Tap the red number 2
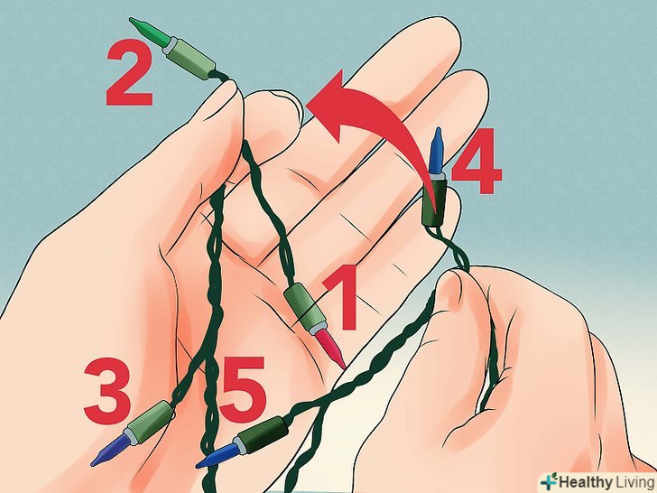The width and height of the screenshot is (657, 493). pyautogui.click(x=129, y=72)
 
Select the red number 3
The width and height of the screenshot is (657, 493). pyautogui.click(x=107, y=390)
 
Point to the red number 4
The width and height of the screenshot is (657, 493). pyautogui.click(x=477, y=161)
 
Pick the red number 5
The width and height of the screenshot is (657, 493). pyautogui.click(x=242, y=389)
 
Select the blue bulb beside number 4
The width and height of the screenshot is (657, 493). pyautogui.click(x=436, y=151)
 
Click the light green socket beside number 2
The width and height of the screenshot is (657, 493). pyautogui.click(x=190, y=58)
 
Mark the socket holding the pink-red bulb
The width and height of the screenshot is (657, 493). pyautogui.click(x=303, y=309)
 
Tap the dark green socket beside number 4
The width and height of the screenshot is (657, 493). pyautogui.click(x=435, y=201)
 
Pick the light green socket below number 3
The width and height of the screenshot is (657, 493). pyautogui.click(x=151, y=421)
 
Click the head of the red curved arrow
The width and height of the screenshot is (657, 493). pyautogui.click(x=331, y=106)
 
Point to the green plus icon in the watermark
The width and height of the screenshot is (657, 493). pyautogui.click(x=548, y=481)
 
